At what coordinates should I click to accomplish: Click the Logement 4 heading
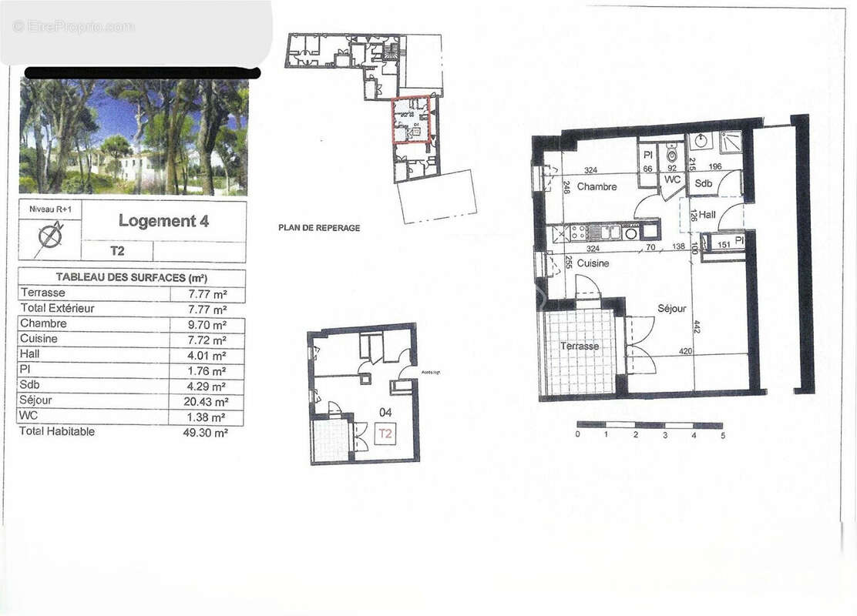(163, 221)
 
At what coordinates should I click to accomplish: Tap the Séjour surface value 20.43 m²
(208, 402)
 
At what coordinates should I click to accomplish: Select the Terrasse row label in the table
(43, 293)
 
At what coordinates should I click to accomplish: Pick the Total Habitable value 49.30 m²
(208, 433)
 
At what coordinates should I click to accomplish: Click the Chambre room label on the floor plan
(597, 187)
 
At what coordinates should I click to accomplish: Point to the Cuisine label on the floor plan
(593, 263)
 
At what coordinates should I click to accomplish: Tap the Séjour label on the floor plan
(672, 308)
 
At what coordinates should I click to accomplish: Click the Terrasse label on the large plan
(580, 346)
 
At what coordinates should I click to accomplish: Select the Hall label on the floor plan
(707, 215)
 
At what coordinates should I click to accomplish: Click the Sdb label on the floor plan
(703, 184)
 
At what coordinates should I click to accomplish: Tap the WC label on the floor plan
(671, 179)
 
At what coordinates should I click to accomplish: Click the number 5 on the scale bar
(723, 435)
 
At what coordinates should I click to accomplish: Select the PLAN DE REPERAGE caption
(319, 228)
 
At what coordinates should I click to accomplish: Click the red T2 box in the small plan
(385, 434)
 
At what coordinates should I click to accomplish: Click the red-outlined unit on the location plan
(411, 119)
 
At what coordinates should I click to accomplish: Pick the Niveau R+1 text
(49, 208)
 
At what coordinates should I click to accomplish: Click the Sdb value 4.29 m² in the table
(208, 387)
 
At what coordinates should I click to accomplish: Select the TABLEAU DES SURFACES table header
(131, 278)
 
